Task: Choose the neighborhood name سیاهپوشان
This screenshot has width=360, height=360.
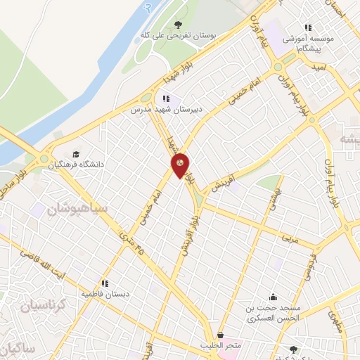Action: click(77, 208)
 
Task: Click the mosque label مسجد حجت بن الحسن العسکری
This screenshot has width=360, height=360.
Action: click(272, 312)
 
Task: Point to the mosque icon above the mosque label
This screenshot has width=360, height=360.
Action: click(273, 297)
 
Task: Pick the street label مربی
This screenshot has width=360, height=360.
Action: click(290, 238)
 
